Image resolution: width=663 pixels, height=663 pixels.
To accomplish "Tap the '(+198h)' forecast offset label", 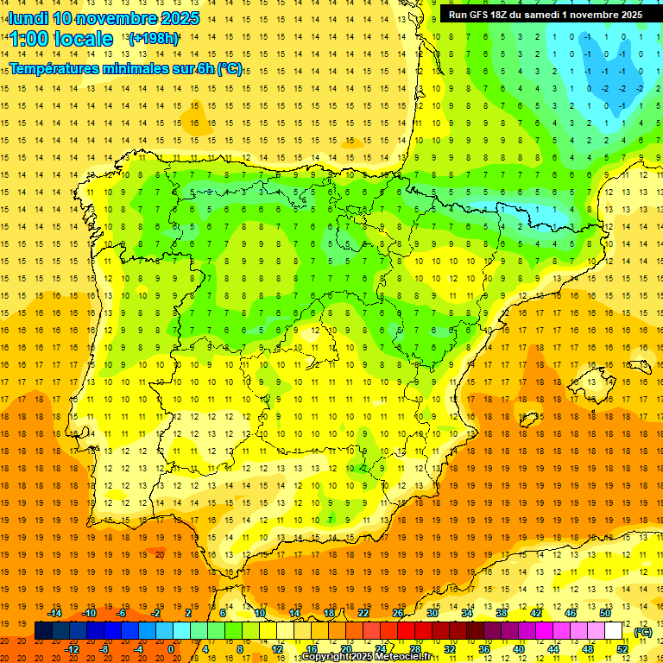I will pyautogui.click(x=153, y=38).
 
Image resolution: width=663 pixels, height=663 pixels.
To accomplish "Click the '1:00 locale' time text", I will pyautogui.click(x=61, y=39).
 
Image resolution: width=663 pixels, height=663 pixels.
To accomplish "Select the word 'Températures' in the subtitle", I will pyautogui.click(x=53, y=69).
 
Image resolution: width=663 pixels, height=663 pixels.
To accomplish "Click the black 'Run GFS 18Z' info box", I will pyautogui.click(x=545, y=15).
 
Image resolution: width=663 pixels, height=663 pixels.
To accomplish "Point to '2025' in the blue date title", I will pyautogui.click(x=180, y=18).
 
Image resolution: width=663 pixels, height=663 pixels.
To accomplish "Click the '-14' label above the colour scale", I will pyautogui.click(x=54, y=613).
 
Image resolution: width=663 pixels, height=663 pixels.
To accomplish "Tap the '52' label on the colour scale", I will pyautogui.click(x=622, y=648).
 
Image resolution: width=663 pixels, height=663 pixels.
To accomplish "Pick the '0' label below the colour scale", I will pyautogui.click(x=171, y=648).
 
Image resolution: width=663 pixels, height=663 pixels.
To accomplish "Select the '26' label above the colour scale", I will pyautogui.click(x=398, y=613).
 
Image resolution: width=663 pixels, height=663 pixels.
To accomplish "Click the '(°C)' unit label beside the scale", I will pyautogui.click(x=642, y=632).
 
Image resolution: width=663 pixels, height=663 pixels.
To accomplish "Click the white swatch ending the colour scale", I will pyautogui.click(x=614, y=631).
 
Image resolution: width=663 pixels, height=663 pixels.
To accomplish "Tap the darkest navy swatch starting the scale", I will pyautogui.click(x=43, y=631).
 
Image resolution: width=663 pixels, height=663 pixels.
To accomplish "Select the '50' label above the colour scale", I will pyautogui.click(x=604, y=613).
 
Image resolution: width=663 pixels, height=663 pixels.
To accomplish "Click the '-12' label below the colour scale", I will pyautogui.click(x=72, y=648).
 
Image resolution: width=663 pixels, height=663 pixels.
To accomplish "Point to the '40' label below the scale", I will pyautogui.click(x=519, y=648).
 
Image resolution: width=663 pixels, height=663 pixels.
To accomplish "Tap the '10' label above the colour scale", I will pyautogui.click(x=260, y=613).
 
